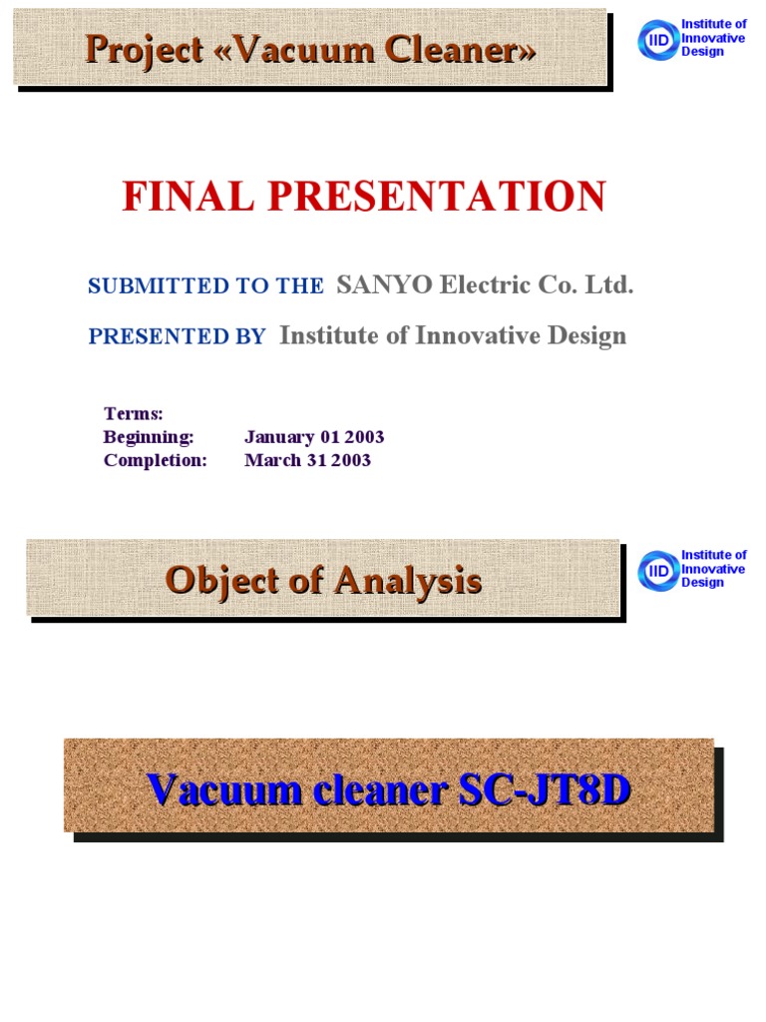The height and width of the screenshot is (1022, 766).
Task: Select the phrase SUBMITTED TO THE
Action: (205, 286)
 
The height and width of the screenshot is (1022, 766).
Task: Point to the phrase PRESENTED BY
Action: (177, 337)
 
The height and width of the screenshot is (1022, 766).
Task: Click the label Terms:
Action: (133, 413)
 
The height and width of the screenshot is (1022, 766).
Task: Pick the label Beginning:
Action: (148, 437)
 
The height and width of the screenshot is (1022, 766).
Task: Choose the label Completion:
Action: (155, 461)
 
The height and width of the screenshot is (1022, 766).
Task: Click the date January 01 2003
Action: (314, 437)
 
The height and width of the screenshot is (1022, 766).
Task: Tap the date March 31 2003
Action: (307, 461)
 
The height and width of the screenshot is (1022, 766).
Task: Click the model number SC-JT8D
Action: (545, 790)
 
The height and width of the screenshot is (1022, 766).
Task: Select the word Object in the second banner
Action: (218, 580)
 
